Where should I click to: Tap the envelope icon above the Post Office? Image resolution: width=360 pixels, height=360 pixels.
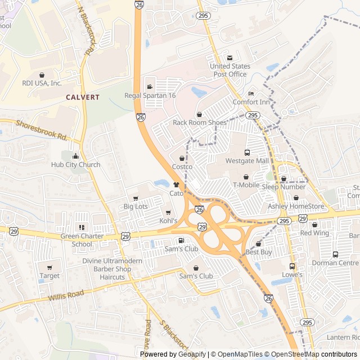point(229,58)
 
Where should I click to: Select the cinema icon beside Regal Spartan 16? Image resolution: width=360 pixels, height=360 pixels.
point(150,87)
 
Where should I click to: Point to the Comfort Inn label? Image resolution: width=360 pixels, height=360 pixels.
point(251,102)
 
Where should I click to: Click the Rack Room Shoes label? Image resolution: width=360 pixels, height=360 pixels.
point(200,122)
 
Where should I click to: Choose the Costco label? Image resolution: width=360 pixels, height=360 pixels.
point(182,167)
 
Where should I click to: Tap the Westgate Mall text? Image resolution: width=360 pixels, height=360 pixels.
point(247,161)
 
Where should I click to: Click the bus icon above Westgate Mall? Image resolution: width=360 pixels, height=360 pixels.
point(247,152)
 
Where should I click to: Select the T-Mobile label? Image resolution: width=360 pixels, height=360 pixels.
point(246,185)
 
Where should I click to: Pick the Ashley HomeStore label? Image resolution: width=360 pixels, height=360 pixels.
point(296,206)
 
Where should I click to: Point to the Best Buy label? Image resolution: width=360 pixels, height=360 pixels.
point(259,253)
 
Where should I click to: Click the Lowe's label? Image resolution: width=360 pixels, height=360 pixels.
point(292,275)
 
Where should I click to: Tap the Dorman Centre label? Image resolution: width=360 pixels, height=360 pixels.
point(336,263)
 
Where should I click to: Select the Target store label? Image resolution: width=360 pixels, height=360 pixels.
point(49,276)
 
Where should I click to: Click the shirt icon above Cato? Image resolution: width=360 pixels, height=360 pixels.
point(177,184)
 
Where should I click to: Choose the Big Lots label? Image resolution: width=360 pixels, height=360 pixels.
point(136,207)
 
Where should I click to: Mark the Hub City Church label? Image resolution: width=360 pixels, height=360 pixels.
point(75,165)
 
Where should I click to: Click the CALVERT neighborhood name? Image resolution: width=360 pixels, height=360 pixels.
point(83,97)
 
